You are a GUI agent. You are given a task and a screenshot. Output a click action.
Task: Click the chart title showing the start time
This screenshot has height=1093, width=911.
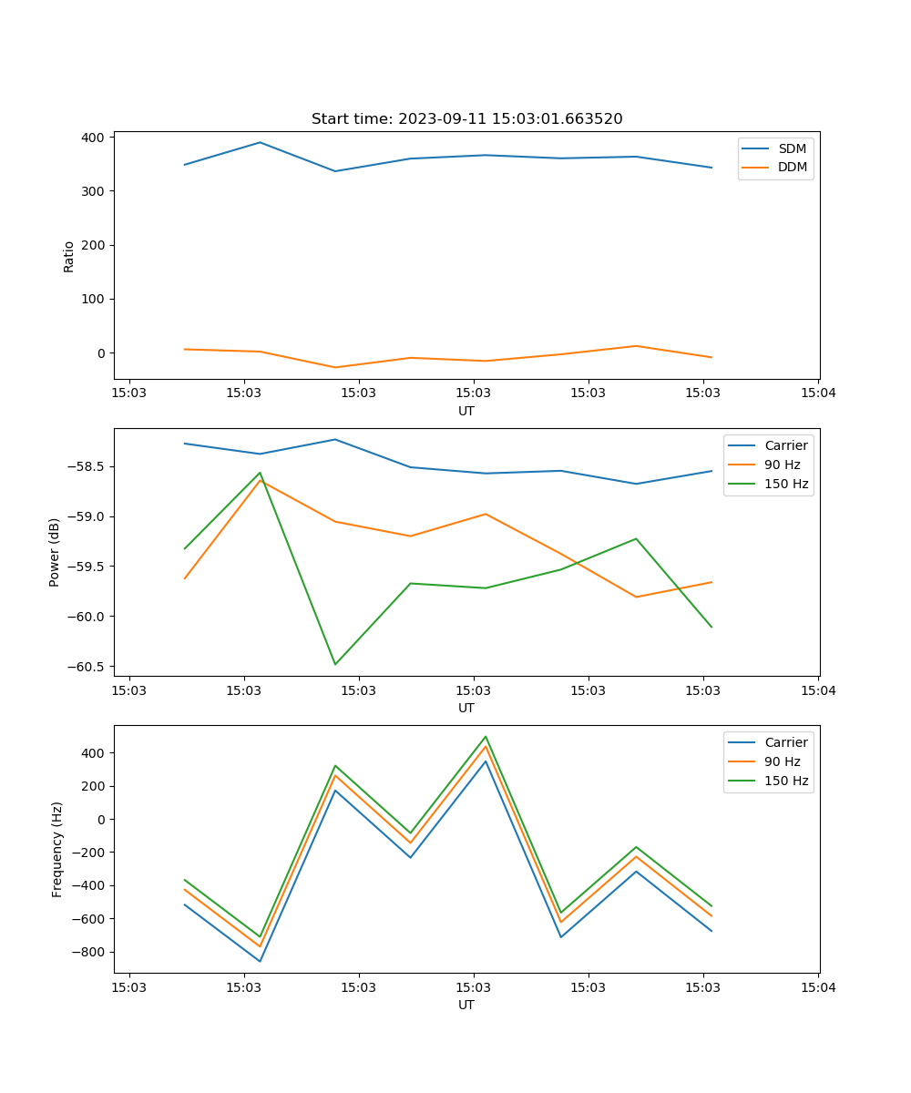click(x=466, y=119)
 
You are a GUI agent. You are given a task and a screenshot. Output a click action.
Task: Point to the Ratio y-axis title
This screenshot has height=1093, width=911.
click(x=69, y=256)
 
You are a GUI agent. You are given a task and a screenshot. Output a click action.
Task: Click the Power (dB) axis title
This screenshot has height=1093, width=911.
click(x=55, y=552)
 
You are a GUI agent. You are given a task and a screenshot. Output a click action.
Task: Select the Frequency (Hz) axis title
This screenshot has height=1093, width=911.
click(x=56, y=849)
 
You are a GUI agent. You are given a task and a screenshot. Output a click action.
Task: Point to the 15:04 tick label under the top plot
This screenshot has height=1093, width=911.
click(x=818, y=393)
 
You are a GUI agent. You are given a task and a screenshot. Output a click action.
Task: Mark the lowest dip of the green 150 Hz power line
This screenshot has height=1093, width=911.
click(x=335, y=664)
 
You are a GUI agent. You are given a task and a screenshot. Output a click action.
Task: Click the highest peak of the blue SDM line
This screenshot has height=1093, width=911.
click(x=260, y=142)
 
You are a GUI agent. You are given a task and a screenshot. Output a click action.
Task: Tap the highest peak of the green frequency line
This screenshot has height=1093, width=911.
click(x=486, y=737)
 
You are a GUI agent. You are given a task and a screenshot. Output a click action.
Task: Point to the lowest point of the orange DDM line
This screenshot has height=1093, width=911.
click(x=335, y=367)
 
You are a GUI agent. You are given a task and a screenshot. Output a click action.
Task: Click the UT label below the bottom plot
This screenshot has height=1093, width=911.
click(x=466, y=1005)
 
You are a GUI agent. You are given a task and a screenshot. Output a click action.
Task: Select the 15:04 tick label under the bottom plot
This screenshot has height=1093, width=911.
click(x=818, y=987)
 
